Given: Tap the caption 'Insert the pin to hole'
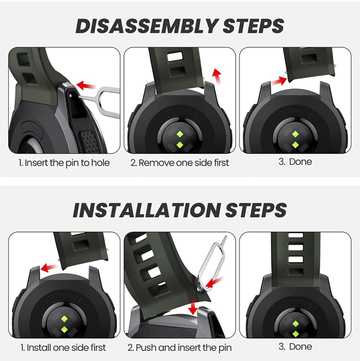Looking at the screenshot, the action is click(x=64, y=163).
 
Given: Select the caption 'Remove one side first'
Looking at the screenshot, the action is click(x=180, y=163).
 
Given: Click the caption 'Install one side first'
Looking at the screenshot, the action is click(x=63, y=347).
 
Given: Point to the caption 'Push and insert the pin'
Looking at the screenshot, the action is click(x=180, y=348).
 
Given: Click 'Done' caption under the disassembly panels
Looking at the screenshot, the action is click(x=295, y=161).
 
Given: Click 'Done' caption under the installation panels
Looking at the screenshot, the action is click(x=295, y=346).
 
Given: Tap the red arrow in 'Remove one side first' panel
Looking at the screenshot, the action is click(x=217, y=76).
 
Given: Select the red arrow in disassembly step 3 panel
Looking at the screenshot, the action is click(x=279, y=81).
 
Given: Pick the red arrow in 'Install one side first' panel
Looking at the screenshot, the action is click(x=49, y=268).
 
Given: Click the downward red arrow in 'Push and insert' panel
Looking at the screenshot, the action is click(x=193, y=306).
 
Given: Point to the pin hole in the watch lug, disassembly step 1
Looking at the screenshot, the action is click(x=70, y=95).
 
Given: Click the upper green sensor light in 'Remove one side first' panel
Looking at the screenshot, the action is click(x=180, y=134).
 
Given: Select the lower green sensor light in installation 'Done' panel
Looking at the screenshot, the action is click(x=296, y=334).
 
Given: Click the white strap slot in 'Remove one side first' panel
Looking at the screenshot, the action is click(x=175, y=56).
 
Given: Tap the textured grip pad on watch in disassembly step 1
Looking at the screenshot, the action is click(x=89, y=141).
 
